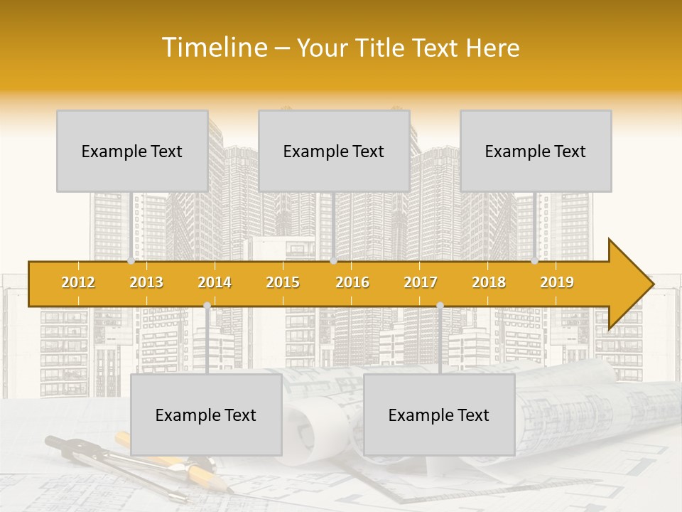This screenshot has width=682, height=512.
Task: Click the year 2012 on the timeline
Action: [78, 282]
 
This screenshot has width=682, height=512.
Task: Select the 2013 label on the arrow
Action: [146, 282]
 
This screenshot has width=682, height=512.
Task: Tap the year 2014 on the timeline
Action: [215, 282]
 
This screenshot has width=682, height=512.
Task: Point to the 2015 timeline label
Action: [283, 282]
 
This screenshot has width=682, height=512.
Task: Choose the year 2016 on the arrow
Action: [352, 282]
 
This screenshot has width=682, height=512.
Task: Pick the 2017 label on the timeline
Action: [421, 282]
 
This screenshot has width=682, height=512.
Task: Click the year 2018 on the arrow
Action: [489, 282]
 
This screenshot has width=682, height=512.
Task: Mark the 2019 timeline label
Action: [557, 282]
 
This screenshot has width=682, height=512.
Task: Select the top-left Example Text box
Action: [132, 151]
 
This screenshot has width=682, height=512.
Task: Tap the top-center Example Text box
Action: [334, 151]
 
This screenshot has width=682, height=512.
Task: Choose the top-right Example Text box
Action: [536, 151]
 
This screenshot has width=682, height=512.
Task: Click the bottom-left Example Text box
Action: [206, 415]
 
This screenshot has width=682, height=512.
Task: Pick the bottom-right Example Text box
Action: [439, 415]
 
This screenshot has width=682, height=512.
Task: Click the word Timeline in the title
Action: [214, 48]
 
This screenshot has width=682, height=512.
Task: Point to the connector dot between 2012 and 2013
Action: [131, 261]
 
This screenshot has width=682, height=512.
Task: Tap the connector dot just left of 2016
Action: [334, 261]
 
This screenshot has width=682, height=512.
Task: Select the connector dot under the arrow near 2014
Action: [207, 305]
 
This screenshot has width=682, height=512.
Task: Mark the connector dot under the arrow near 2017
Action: [440, 305]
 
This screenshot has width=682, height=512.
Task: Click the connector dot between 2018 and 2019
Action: [535, 261]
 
